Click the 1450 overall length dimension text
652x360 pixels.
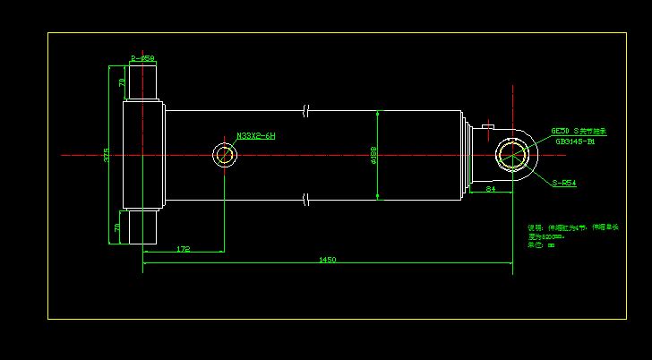[327, 260]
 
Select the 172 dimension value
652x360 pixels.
[183, 248]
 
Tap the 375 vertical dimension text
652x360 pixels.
[107, 155]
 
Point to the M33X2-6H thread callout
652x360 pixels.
[256, 136]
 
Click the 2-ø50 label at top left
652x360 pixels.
[142, 59]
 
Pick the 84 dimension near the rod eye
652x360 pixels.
[490, 189]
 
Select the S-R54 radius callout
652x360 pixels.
[564, 183]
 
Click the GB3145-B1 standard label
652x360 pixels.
[575, 141]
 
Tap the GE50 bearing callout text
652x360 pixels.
[578, 131]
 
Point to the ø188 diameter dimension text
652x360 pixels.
[373, 156]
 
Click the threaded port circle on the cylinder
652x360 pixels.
[225, 155]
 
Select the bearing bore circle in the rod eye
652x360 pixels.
[512, 155]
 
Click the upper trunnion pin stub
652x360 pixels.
[143, 82]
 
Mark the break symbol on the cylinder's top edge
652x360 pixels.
[306, 111]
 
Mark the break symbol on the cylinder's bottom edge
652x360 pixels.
[306, 198]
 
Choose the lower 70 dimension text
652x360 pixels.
[117, 227]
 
